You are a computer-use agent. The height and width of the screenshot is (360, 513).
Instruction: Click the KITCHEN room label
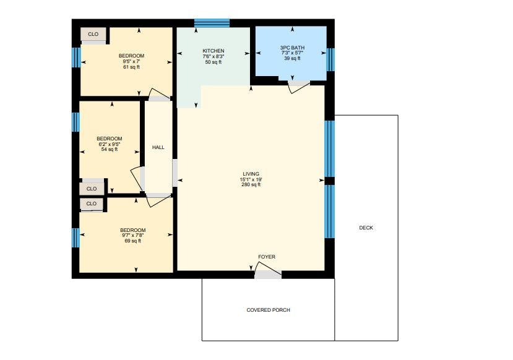click(213, 51)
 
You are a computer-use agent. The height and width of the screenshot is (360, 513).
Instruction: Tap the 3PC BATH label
click(292, 48)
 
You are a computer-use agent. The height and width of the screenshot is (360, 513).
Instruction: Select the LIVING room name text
click(251, 174)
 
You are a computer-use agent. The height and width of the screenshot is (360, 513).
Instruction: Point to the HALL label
click(158, 147)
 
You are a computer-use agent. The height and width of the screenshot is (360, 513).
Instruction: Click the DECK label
click(366, 228)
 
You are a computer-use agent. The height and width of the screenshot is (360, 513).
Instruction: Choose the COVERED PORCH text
click(269, 310)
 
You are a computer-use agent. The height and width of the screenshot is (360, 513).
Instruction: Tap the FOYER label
click(267, 257)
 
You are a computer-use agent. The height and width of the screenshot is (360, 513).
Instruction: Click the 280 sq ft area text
click(251, 184)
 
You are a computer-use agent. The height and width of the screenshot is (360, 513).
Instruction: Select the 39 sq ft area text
click(292, 58)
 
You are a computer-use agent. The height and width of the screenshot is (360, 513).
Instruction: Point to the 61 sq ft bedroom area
click(132, 67)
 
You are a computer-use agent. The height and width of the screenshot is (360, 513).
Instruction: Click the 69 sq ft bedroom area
click(133, 241)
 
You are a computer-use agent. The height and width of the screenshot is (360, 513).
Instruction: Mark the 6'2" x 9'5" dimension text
click(110, 144)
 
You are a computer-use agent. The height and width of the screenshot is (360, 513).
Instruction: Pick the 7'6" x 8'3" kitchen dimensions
click(213, 56)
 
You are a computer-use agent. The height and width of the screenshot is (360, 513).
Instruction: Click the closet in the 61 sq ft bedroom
click(93, 35)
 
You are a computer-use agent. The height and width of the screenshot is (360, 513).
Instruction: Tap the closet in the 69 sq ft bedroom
click(92, 204)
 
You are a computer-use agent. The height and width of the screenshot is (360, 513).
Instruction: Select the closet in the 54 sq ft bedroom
click(92, 189)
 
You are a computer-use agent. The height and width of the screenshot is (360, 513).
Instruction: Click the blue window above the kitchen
click(212, 23)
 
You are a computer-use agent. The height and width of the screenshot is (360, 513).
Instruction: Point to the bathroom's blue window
click(331, 59)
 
